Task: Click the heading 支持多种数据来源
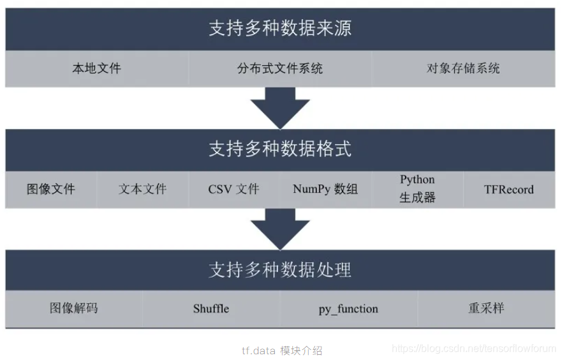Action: tap(280, 29)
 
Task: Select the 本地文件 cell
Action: tap(96, 68)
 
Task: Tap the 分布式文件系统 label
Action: tap(280, 68)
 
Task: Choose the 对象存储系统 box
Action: tap(463, 68)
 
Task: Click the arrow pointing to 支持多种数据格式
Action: tap(280, 108)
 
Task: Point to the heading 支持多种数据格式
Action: tap(280, 149)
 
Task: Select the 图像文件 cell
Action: tap(51, 189)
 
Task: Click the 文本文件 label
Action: tap(142, 189)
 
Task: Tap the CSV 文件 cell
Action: tap(233, 189)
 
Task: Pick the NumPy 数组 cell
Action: tap(325, 189)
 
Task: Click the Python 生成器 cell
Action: tap(417, 189)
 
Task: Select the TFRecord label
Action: tap(508, 189)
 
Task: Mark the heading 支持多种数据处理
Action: tap(280, 270)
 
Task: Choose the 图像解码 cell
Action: tap(74, 308)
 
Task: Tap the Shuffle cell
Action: tap(211, 309)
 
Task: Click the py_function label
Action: tap(348, 309)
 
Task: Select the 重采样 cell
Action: tap(486, 308)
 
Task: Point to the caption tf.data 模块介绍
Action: tap(282, 350)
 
